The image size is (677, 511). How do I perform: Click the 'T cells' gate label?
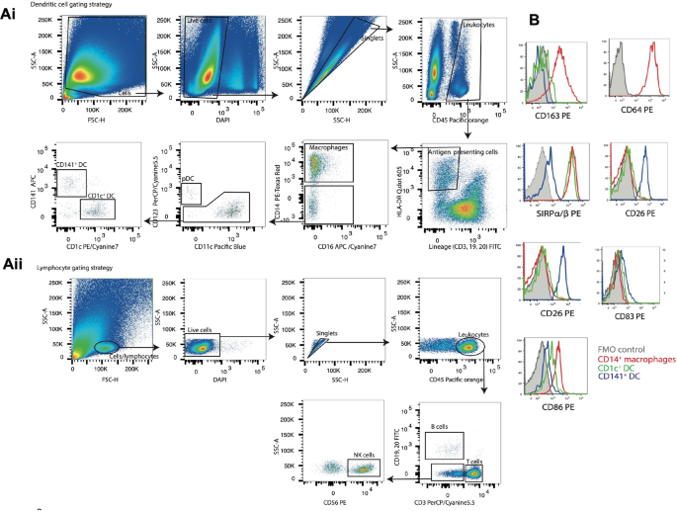click(x=474, y=462)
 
